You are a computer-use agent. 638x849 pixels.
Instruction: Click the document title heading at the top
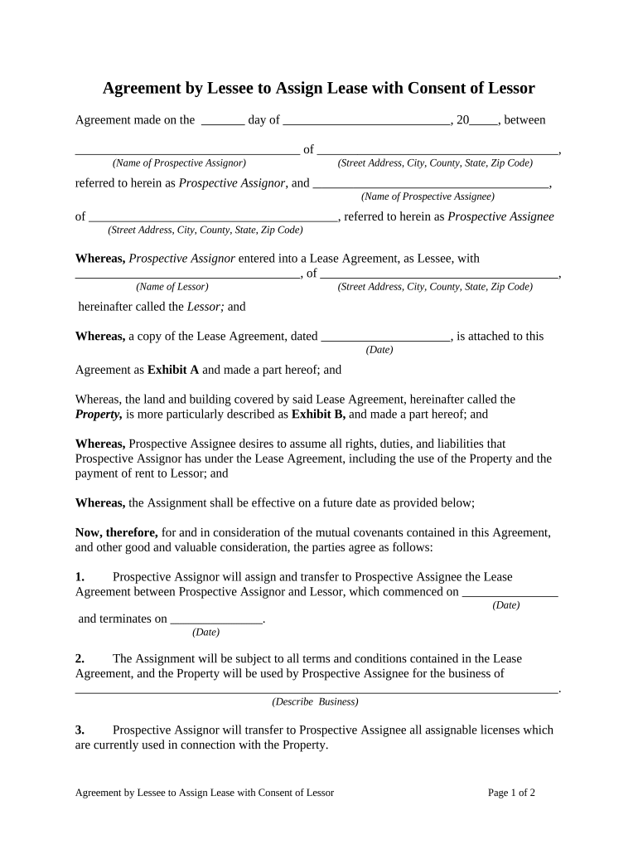[x=318, y=88]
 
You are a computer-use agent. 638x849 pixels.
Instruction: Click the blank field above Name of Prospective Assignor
[x=187, y=151]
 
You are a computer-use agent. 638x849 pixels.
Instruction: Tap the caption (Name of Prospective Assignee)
[x=428, y=196]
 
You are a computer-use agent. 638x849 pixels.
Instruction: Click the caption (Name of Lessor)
[x=172, y=287]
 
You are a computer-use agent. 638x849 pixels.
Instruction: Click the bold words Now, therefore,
[x=116, y=532]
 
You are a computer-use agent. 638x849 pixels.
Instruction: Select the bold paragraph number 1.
[x=80, y=577]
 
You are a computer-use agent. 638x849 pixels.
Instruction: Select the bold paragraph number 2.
[x=80, y=659]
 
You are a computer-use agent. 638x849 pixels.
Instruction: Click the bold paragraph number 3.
[x=80, y=730]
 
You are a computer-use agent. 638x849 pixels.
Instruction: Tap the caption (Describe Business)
[x=315, y=701]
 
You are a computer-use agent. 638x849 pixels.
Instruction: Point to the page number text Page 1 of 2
[x=511, y=793]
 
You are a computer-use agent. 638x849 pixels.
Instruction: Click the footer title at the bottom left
[x=205, y=793]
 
